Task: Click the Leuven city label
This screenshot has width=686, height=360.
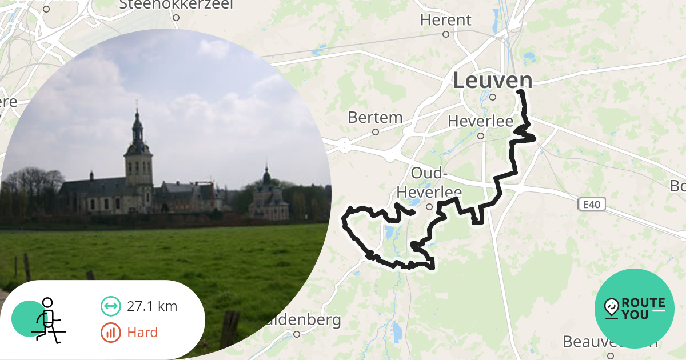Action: (493, 81)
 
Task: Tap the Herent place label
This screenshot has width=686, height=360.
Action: (446, 20)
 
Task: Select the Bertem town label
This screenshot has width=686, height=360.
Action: (375, 118)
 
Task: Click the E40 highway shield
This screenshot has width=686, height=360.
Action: (591, 204)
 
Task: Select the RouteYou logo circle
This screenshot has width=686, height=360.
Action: (635, 309)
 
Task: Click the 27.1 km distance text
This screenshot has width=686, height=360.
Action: (152, 306)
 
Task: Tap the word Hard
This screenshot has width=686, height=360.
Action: (143, 333)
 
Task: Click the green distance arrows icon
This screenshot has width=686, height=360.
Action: (111, 306)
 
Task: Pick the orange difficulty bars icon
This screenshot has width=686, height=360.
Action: (111, 333)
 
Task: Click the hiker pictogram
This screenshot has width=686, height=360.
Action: (47, 320)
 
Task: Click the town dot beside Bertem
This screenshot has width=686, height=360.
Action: (376, 132)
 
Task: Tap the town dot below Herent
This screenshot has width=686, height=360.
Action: (446, 34)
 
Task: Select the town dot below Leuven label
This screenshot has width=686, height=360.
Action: (492, 97)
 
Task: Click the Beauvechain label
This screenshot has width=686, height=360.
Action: (609, 342)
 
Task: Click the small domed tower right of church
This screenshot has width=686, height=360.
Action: (266, 177)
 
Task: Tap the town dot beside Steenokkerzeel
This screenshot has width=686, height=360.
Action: (176, 18)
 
